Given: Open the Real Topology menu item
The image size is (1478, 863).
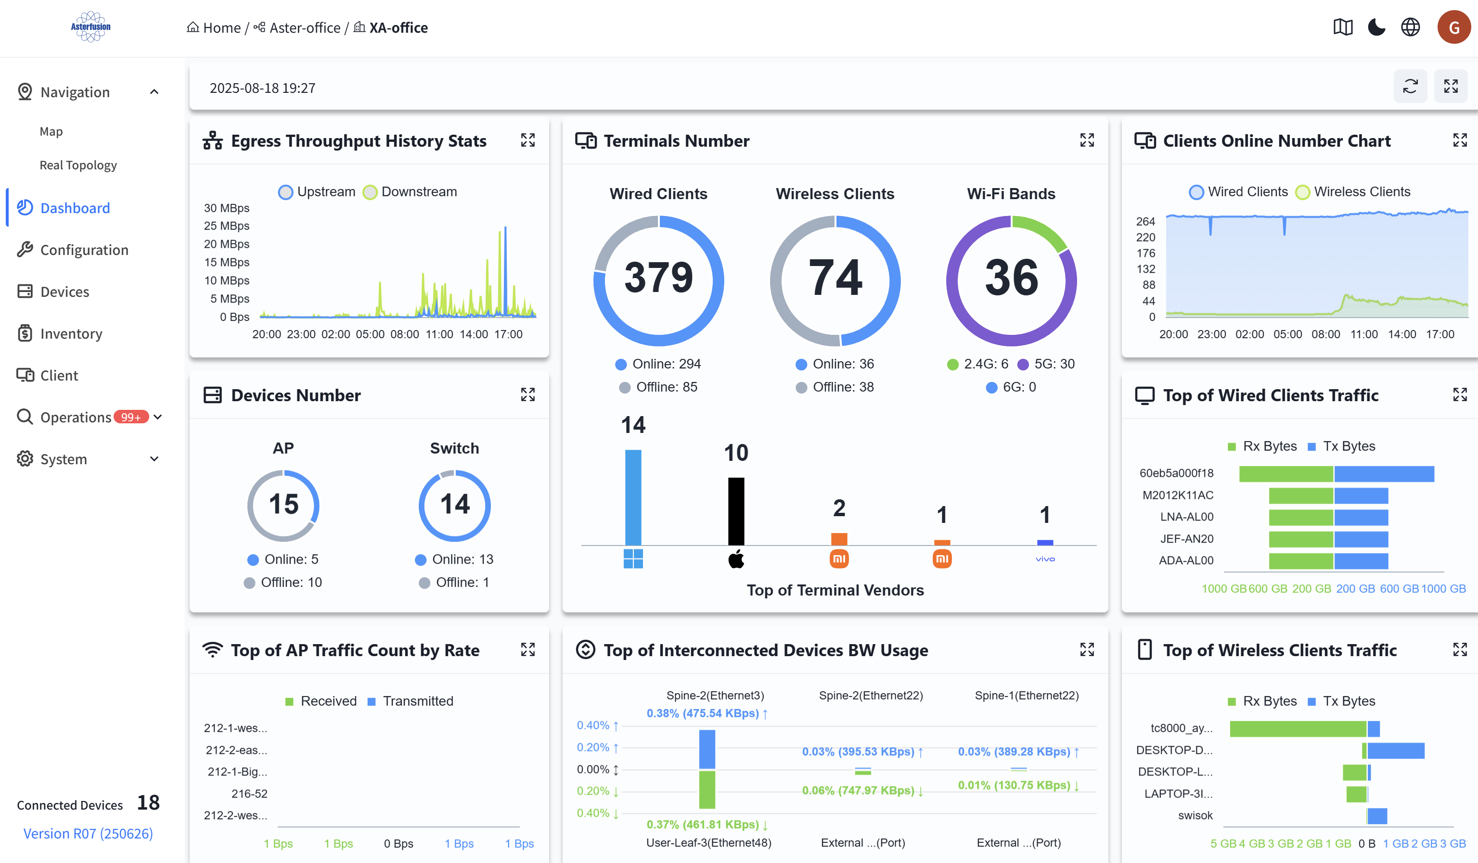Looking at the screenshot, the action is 78,165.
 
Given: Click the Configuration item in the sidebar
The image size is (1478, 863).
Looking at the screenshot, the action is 84,250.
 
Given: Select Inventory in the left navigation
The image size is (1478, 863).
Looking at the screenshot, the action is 71,333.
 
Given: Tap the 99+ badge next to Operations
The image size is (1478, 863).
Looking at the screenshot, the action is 131,418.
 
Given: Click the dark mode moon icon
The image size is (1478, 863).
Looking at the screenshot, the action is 1376,27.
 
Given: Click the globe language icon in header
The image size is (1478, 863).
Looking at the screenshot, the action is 1410,27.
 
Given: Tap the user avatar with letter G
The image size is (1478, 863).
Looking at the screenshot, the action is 1453,27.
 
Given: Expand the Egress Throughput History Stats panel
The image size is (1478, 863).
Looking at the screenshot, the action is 527,140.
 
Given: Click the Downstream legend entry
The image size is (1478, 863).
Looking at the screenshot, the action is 410,192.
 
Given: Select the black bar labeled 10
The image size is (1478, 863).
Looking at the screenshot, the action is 736,511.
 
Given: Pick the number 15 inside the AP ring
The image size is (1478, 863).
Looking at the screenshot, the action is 283,505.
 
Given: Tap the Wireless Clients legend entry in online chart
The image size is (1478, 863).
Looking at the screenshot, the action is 1352,192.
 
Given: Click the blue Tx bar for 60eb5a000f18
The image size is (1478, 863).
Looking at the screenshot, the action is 1384,474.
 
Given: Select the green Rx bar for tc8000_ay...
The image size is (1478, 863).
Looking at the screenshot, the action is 1298,729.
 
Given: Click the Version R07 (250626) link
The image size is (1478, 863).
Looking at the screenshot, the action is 88,834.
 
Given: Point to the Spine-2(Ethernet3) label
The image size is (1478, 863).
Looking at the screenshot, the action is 715,695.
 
